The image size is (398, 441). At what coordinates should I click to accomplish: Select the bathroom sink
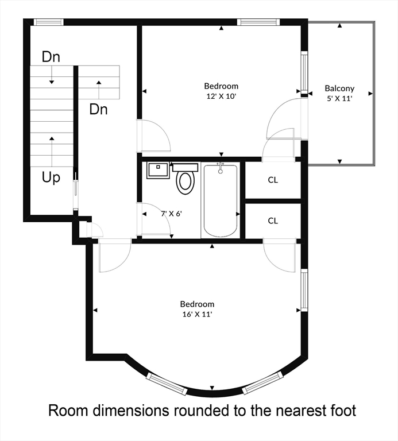tap(158, 170)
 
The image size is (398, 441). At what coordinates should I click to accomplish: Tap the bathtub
tap(220, 201)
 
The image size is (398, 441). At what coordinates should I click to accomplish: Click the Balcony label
tap(339, 88)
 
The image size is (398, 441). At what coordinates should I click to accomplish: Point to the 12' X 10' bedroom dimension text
tap(221, 96)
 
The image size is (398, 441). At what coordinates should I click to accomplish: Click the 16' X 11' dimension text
tap(197, 314)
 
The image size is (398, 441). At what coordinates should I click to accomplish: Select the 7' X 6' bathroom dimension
tap(171, 214)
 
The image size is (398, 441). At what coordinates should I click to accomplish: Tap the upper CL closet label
tap(273, 180)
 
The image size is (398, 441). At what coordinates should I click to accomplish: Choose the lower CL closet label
tap(273, 220)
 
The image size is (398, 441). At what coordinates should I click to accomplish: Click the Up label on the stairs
tap(51, 178)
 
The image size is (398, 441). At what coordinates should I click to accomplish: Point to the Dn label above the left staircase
tap(51, 57)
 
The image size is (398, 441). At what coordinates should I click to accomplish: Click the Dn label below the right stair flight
tap(98, 109)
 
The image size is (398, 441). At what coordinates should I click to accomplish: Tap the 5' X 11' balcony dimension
tap(339, 98)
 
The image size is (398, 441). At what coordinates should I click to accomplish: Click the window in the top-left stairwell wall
tap(48, 22)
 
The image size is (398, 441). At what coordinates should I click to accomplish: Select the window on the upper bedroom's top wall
tap(258, 22)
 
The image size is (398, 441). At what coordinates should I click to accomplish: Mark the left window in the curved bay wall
tap(167, 384)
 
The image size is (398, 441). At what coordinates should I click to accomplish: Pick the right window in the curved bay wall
tap(262, 383)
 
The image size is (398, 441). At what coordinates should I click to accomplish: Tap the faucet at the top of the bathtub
tap(220, 168)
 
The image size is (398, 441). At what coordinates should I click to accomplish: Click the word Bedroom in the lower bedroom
tap(197, 304)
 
